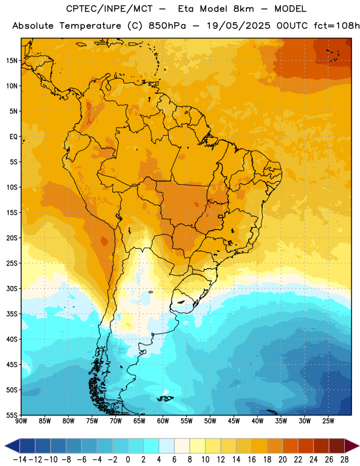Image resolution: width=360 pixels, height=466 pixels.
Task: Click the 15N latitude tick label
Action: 12,61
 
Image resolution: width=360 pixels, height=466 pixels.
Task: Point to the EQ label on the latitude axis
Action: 13,137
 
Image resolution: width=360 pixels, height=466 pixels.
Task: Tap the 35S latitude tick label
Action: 12,314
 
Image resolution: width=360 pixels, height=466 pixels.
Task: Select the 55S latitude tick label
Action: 12,415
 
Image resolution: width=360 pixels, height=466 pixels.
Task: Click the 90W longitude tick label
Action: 21,421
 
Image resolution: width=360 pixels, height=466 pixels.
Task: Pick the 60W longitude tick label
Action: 163,421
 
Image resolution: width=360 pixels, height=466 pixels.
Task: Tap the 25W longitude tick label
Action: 328,421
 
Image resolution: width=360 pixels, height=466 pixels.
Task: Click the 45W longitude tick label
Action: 234,421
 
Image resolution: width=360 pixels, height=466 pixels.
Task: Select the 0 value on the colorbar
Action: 128,460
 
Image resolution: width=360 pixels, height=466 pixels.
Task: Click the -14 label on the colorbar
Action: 20,460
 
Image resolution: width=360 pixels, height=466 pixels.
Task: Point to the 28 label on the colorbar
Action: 344,460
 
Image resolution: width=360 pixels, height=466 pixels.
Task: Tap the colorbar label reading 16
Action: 252,460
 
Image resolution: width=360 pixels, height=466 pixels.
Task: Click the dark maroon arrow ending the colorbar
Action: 352,446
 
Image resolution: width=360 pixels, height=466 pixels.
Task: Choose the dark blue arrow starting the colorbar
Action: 12,446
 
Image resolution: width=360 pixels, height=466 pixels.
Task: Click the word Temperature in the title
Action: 90,26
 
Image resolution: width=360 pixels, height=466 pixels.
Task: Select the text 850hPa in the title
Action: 167,26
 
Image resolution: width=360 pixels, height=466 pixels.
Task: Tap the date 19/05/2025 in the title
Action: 238,26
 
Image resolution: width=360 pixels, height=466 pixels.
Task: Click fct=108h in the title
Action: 337,26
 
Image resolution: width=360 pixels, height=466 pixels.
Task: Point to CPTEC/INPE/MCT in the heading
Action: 109,9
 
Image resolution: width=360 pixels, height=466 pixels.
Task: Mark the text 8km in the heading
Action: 243,9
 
